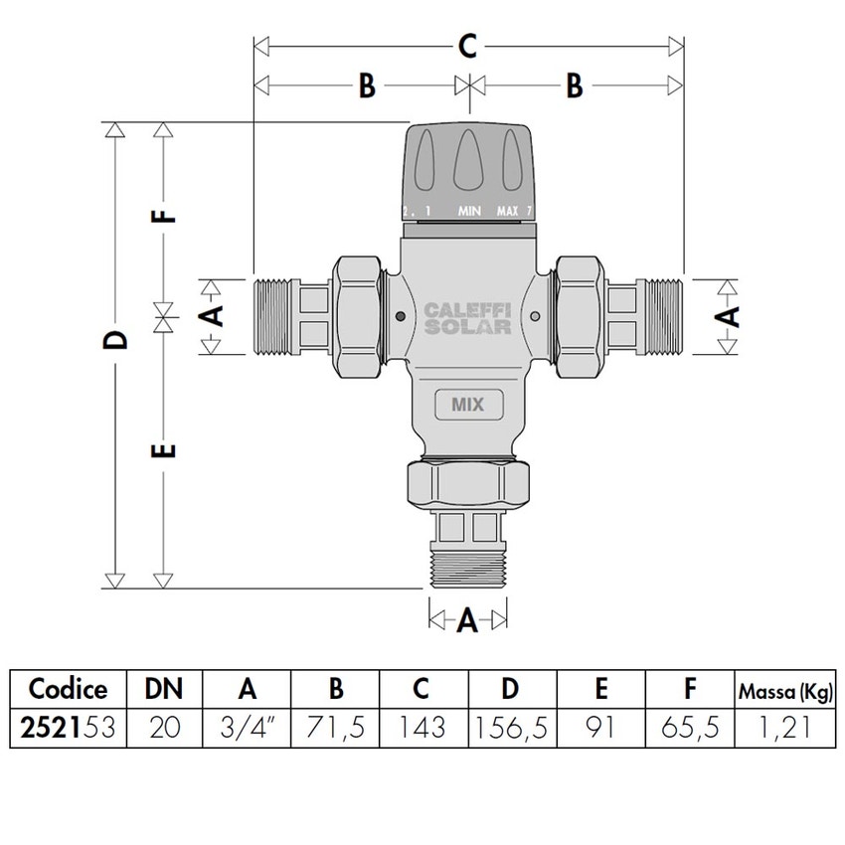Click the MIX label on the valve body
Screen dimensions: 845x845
click(467, 405)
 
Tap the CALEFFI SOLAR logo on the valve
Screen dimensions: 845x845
click(467, 318)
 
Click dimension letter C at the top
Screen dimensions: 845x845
click(468, 46)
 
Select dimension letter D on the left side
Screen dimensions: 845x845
click(117, 340)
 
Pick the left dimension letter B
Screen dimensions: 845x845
click(366, 86)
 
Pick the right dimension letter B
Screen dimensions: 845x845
click(574, 86)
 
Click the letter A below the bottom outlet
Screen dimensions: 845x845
click(467, 622)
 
